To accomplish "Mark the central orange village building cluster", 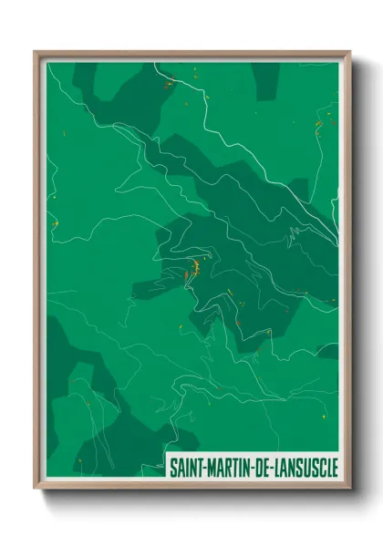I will point(194,269).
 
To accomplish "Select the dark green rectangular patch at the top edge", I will point(266,80).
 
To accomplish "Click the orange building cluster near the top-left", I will point(169,84).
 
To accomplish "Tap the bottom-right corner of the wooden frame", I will point(348,490).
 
